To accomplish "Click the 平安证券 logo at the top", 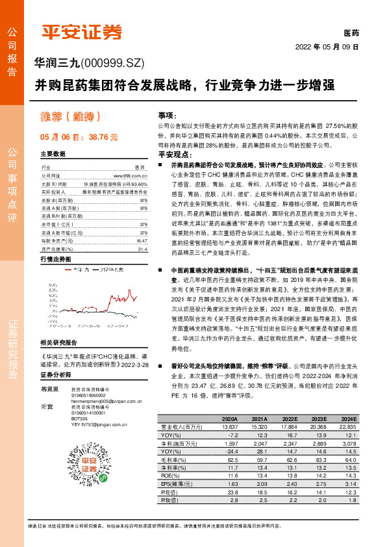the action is [x=82, y=31].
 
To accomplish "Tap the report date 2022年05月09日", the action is [x=327, y=47].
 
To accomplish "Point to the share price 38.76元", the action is [x=103, y=137].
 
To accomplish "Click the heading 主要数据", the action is [x=53, y=155].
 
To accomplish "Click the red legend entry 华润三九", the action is [x=79, y=251].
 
